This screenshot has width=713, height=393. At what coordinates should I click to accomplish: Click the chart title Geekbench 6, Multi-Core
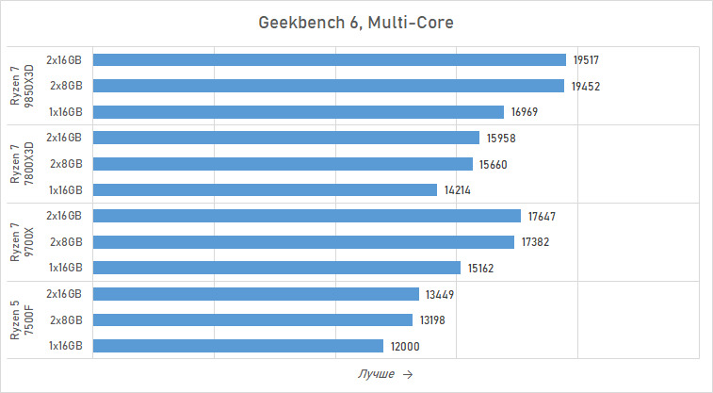coord(356,22)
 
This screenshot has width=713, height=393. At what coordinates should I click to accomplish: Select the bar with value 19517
coord(330,59)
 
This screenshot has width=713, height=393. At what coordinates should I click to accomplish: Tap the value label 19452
coord(585,86)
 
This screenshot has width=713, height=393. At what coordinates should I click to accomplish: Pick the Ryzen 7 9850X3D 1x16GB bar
coord(299,112)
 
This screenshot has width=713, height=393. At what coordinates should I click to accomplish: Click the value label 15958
coord(501,138)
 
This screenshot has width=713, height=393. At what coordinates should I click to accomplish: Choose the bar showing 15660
coord(283,164)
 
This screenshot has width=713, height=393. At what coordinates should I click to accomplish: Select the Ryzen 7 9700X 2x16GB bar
coord(307,216)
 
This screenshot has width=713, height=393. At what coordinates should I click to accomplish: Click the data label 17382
coord(536,242)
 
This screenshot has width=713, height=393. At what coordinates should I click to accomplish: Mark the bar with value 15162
coord(277,268)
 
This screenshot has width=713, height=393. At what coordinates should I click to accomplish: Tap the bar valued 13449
coord(256,294)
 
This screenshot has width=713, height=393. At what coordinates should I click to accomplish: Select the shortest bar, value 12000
coord(238,346)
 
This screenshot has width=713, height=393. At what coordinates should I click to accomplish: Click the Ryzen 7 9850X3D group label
coord(21,86)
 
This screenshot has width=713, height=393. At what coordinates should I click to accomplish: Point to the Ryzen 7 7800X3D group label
coord(21,164)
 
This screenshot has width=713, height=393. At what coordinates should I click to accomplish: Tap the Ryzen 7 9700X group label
coord(21,242)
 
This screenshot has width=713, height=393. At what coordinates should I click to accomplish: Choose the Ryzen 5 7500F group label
coord(21,320)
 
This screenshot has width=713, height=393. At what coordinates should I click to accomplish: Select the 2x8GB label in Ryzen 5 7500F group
coord(66,320)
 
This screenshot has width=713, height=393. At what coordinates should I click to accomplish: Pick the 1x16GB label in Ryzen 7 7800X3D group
coord(65,190)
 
